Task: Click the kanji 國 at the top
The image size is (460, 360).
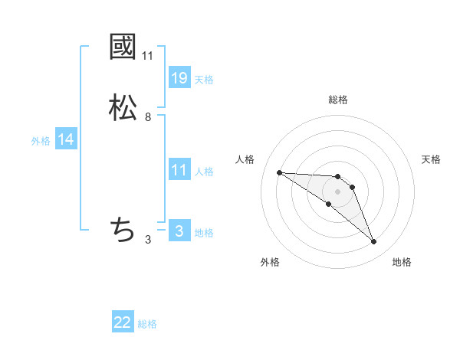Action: coord(123,47)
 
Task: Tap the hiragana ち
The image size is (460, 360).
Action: coord(123,229)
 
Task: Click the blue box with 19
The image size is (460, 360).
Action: coord(179,77)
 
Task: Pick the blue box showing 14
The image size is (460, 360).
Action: coord(66,139)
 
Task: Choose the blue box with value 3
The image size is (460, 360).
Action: coord(179,231)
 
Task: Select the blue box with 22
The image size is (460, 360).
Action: coord(123,322)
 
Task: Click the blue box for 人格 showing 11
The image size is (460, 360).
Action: coord(179,170)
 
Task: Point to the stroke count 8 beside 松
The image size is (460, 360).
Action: coord(148,117)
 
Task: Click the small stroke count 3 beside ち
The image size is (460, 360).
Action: coord(148,240)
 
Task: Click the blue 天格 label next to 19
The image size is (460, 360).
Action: coord(204,79)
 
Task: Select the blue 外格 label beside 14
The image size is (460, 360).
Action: coord(41,141)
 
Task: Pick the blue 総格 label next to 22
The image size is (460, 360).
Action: coord(147,324)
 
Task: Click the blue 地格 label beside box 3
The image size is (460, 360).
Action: coord(204,233)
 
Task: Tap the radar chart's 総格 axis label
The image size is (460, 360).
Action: coord(338,100)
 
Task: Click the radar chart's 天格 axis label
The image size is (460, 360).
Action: coord(432,159)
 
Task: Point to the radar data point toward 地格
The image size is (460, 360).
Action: coord(374,242)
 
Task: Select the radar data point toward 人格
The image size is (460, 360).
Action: coord(279,172)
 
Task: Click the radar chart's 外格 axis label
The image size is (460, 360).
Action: coord(270,262)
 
